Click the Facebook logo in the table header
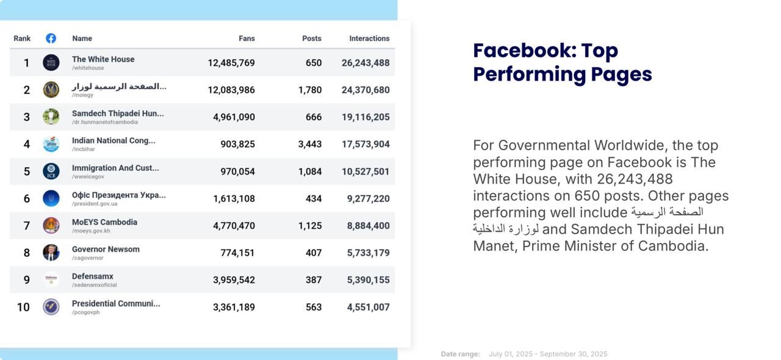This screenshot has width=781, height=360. (51, 38)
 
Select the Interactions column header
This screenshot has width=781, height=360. (369, 38)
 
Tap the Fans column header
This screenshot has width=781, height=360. (247, 38)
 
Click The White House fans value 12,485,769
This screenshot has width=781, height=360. (231, 63)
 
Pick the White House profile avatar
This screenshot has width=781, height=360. (51, 62)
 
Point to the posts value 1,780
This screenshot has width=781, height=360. (310, 90)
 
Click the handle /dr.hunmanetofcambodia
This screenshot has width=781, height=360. (104, 123)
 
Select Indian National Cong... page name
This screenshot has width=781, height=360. (113, 140)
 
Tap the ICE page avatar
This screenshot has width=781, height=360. (51, 171)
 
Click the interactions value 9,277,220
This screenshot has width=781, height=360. (368, 199)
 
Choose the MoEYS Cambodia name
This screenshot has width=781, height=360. (104, 222)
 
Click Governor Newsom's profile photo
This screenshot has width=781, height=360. (51, 253)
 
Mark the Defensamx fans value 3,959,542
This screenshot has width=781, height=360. (234, 280)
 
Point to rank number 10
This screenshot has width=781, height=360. (23, 308)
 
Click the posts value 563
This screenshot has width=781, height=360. (314, 308)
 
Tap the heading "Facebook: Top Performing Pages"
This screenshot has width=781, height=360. (562, 62)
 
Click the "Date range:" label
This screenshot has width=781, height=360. (460, 355)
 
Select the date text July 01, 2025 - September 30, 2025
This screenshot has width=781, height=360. (548, 355)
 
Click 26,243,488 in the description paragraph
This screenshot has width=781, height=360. (635, 179)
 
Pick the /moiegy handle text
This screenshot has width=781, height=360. (82, 95)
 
